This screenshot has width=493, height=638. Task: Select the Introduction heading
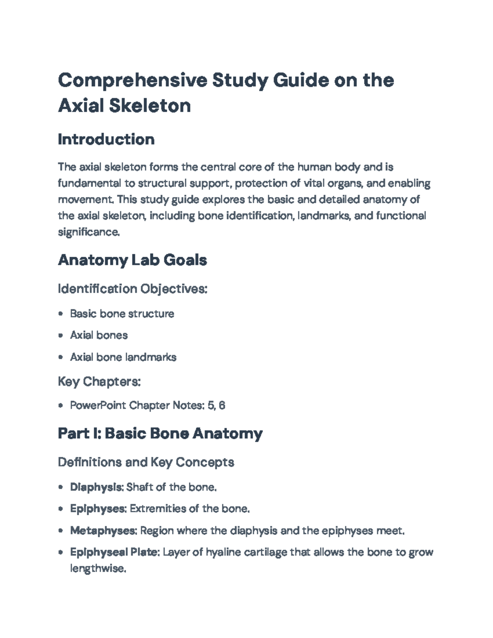tap(106, 139)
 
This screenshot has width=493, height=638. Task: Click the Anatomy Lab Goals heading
tap(132, 260)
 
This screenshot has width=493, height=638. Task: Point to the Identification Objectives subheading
tap(132, 289)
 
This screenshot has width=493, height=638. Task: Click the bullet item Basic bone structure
tap(122, 313)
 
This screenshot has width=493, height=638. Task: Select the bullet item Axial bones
tap(99, 335)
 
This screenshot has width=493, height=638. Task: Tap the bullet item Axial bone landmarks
tap(123, 357)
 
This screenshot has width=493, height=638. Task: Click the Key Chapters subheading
tap(99, 382)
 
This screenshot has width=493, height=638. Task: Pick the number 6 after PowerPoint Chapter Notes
tap(222, 405)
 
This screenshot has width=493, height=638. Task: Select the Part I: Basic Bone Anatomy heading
tap(160, 433)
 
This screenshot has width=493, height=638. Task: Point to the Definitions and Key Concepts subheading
tap(146, 462)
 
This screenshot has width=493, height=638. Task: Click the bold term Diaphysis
tap(96, 487)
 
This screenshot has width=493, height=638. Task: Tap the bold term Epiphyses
tap(97, 509)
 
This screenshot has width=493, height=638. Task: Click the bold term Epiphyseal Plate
tap(114, 552)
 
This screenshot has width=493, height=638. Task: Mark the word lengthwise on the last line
tap(97, 569)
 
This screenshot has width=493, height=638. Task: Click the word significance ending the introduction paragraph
tap(88, 232)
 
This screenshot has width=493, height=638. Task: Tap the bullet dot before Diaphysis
tap(61, 487)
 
